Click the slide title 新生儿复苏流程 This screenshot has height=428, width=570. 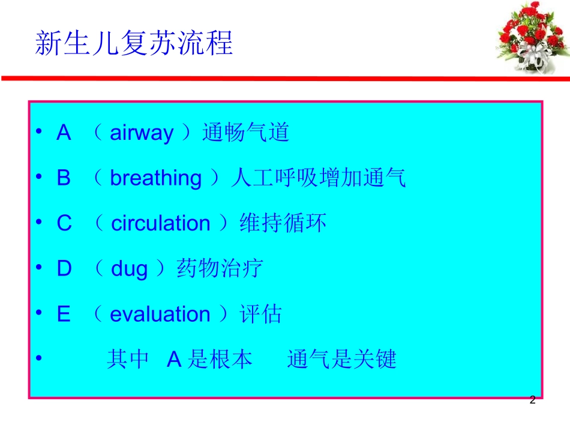tap(134, 43)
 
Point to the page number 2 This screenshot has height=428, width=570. tap(532, 400)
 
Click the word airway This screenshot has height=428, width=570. tap(141, 133)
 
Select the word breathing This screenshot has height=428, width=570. tap(156, 179)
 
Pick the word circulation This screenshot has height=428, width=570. tap(161, 224)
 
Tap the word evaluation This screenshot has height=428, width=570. tap(160, 315)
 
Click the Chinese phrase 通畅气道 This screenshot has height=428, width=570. tap(246, 133)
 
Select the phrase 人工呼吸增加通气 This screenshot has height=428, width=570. tap(318, 178)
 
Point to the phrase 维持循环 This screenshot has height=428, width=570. tap(283, 223)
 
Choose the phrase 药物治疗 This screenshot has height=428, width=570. tap(220, 269)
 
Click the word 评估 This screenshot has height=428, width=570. tap(261, 315)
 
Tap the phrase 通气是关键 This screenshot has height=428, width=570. tap(342, 360)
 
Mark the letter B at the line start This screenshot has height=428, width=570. tap(64, 179)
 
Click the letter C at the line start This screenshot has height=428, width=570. tap(64, 224)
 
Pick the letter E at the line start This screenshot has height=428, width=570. tap(64, 315)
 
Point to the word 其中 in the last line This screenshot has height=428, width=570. tap(128, 360)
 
